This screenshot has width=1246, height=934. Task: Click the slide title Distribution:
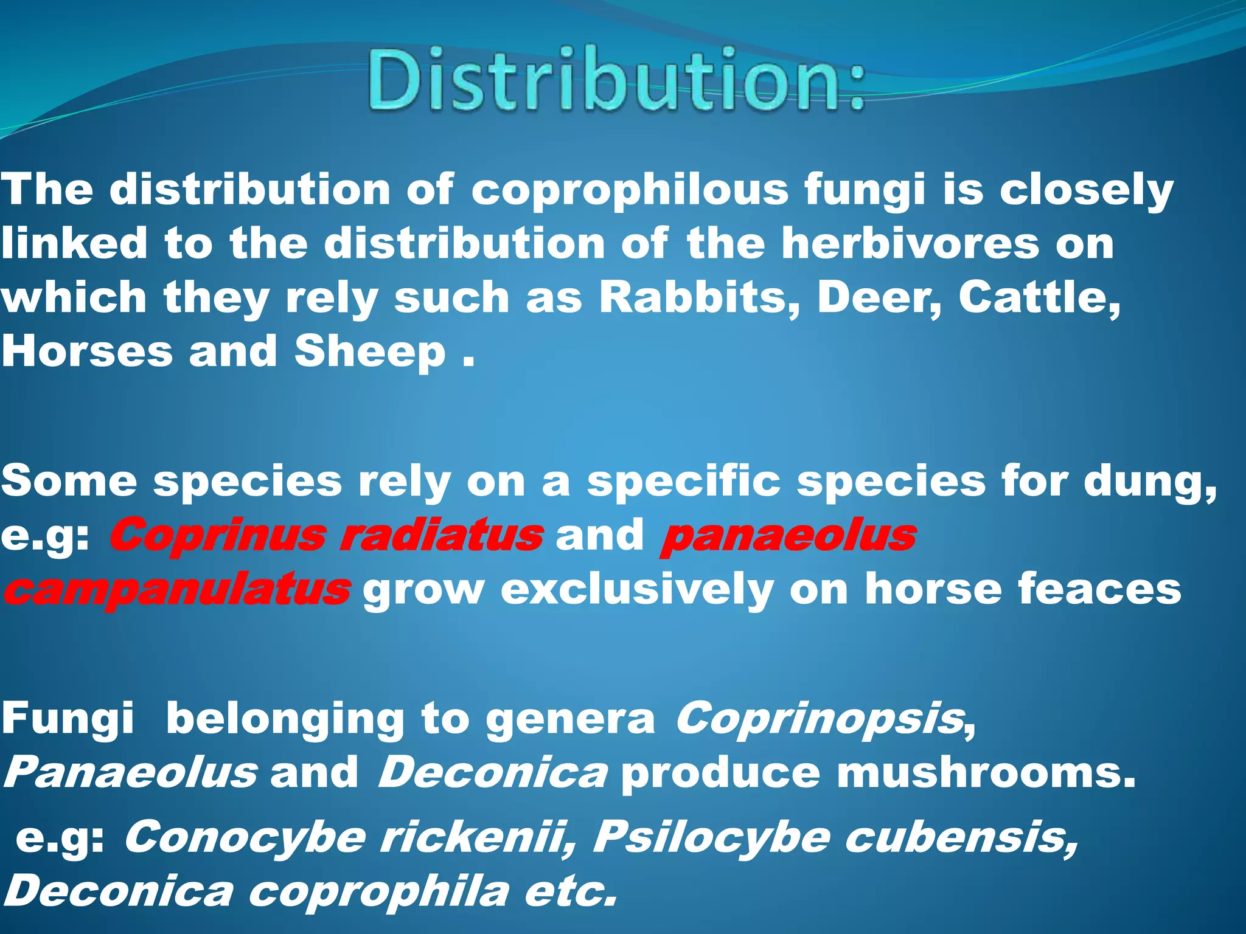click(616, 80)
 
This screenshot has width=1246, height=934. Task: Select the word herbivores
click(910, 244)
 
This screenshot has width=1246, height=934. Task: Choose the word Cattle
click(1040, 297)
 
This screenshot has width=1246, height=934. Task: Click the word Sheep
click(370, 352)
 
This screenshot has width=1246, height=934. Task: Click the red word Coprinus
click(218, 536)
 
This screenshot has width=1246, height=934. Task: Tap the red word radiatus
click(440, 536)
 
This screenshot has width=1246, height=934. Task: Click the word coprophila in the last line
click(378, 891)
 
